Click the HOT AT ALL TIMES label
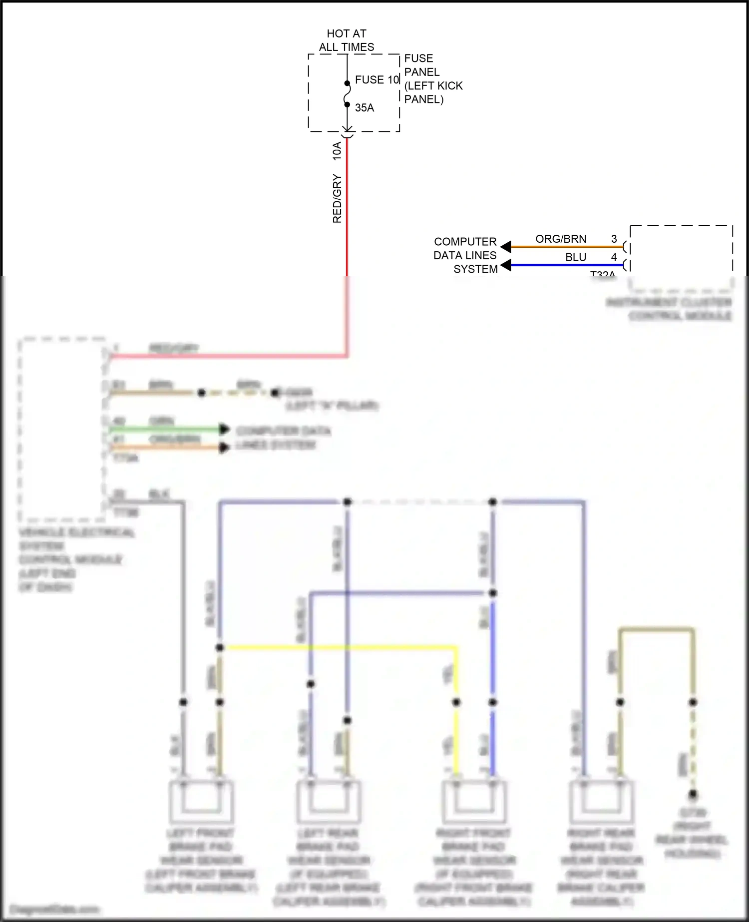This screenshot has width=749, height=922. (347, 40)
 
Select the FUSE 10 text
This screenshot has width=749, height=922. (377, 80)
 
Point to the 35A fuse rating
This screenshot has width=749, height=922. (365, 108)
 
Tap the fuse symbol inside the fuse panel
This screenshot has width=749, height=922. (347, 94)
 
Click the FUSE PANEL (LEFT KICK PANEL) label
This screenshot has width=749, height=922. (433, 79)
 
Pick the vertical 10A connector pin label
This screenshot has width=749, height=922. (337, 151)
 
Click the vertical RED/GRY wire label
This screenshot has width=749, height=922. (337, 198)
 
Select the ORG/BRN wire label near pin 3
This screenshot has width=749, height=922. (561, 239)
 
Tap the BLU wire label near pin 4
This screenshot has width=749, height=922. (576, 257)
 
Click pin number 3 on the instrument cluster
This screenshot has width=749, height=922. (614, 239)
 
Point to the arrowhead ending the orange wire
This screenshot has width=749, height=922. (506, 247)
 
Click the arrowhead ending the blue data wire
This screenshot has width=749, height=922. (506, 265)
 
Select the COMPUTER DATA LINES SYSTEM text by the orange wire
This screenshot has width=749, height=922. (465, 255)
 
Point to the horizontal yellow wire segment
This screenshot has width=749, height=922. (340, 648)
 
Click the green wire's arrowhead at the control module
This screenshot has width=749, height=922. (224, 429)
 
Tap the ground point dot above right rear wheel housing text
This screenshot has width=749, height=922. (693, 794)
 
